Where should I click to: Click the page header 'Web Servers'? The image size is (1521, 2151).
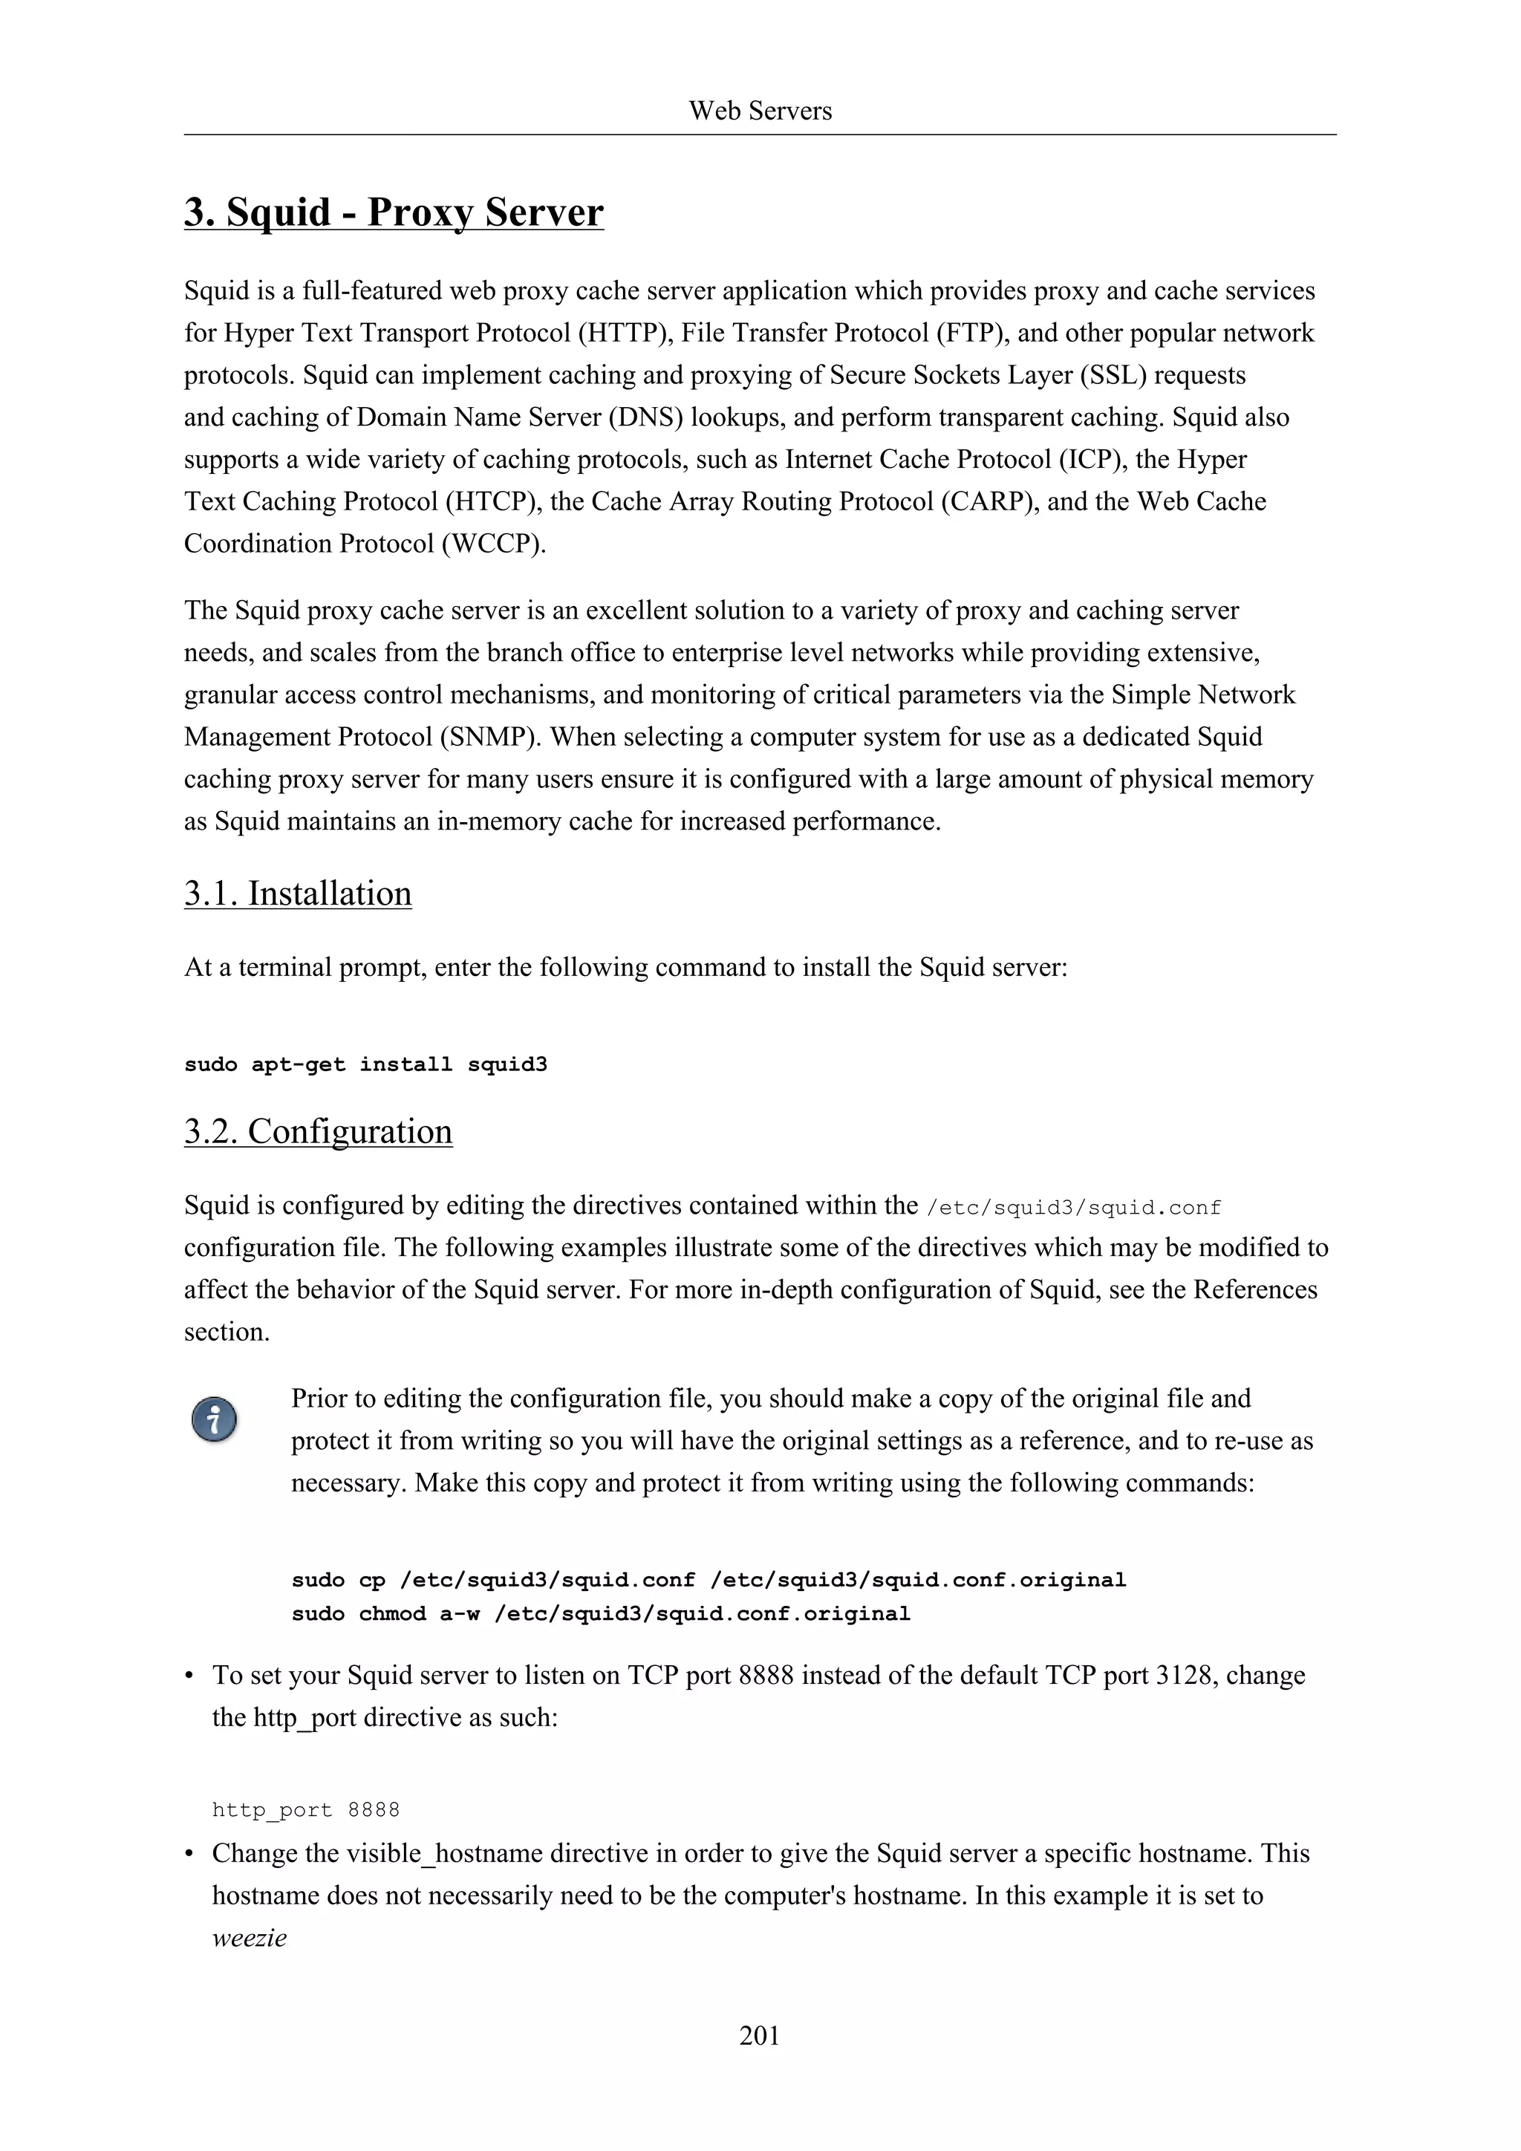pyautogui.click(x=760, y=111)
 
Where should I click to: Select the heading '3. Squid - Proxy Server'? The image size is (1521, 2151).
pyautogui.click(x=394, y=212)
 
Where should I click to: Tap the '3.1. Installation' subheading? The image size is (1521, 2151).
pyautogui.click(x=298, y=894)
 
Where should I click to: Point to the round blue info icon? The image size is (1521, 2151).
pyautogui.click(x=215, y=1420)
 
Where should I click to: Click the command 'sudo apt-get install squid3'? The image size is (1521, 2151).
pyautogui.click(x=365, y=1065)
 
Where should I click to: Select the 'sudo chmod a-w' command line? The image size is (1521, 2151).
pyautogui.click(x=600, y=1614)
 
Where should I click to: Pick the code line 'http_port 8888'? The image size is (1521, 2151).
pyautogui.click(x=305, y=1810)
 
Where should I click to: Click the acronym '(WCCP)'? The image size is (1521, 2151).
pyautogui.click(x=494, y=544)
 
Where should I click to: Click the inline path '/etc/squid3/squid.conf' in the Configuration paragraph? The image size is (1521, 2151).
pyautogui.click(x=1073, y=1208)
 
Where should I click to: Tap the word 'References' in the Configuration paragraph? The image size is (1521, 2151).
pyautogui.click(x=1254, y=1290)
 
